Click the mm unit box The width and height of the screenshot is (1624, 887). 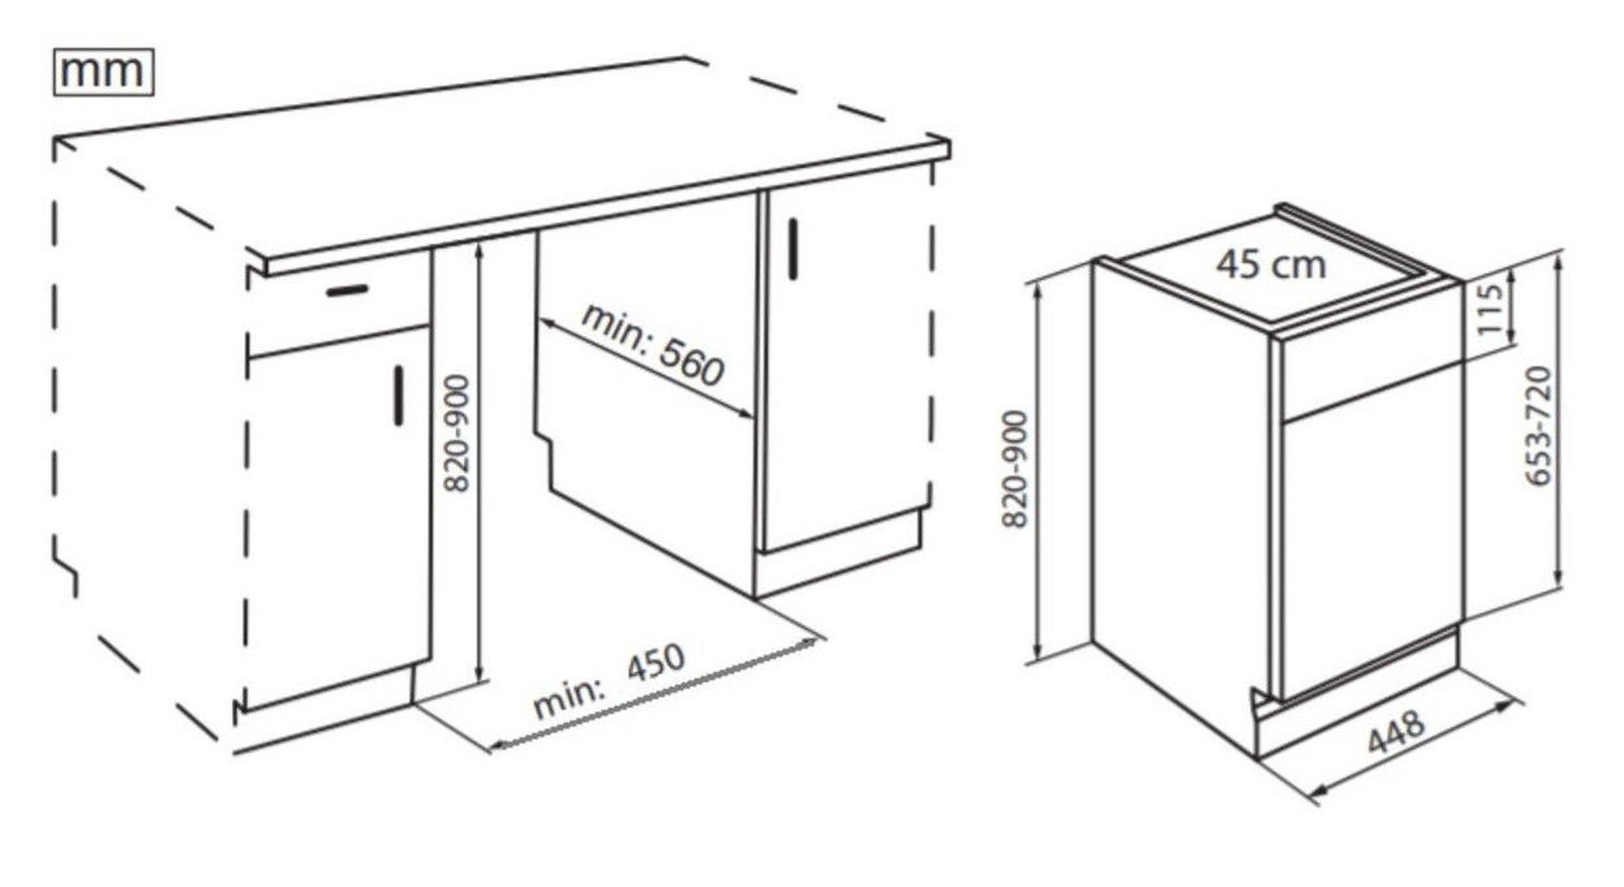point(103,72)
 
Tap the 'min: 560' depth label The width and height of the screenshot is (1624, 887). point(652,345)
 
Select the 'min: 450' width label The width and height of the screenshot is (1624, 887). point(609,681)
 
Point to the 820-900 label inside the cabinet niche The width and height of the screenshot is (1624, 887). point(458,433)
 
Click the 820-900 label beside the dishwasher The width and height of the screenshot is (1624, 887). point(1016,469)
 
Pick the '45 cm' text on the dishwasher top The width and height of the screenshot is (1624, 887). point(1271,264)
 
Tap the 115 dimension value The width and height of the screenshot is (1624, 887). point(1491,310)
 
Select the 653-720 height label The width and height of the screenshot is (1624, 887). point(1539,427)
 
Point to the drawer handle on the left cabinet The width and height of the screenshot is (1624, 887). point(348,290)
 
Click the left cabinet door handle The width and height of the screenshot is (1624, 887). point(399,395)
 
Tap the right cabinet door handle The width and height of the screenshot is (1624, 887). point(793,249)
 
